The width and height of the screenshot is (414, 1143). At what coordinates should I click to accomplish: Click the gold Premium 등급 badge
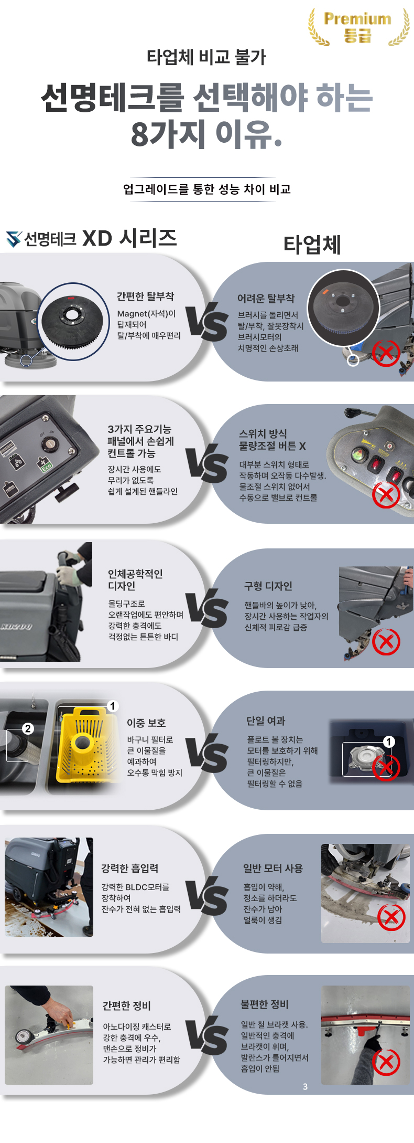tap(358, 27)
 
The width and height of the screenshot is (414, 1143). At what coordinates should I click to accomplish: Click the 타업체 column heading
tap(312, 245)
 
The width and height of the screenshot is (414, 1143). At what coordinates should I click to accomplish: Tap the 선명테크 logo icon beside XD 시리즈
tap(14, 239)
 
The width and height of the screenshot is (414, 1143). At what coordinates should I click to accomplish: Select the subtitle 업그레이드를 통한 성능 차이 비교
tap(207, 189)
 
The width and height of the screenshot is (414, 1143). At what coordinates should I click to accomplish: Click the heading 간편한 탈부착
tap(145, 297)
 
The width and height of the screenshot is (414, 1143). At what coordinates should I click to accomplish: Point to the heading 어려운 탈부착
tap(266, 298)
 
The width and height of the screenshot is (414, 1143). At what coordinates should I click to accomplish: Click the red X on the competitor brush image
tap(386, 353)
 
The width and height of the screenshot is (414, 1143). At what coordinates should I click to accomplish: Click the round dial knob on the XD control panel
tap(51, 446)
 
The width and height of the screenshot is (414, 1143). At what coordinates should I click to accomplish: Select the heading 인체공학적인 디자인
tap(135, 579)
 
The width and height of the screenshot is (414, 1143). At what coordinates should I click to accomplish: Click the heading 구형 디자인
tap(268, 586)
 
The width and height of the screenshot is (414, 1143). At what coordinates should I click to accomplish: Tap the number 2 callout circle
tap(28, 728)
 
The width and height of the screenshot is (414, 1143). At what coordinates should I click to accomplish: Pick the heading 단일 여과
tap(266, 721)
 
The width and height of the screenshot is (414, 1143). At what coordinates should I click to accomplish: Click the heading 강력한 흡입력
tap(129, 869)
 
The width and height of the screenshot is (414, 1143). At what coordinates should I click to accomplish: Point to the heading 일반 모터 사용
tap(273, 869)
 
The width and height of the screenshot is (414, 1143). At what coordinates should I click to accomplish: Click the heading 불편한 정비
tap(265, 1004)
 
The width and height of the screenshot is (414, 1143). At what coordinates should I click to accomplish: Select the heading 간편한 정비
tap(126, 1006)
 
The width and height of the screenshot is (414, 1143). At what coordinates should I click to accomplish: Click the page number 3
tap(306, 1087)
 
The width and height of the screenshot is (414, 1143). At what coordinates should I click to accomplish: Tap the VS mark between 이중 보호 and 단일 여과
tap(207, 754)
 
